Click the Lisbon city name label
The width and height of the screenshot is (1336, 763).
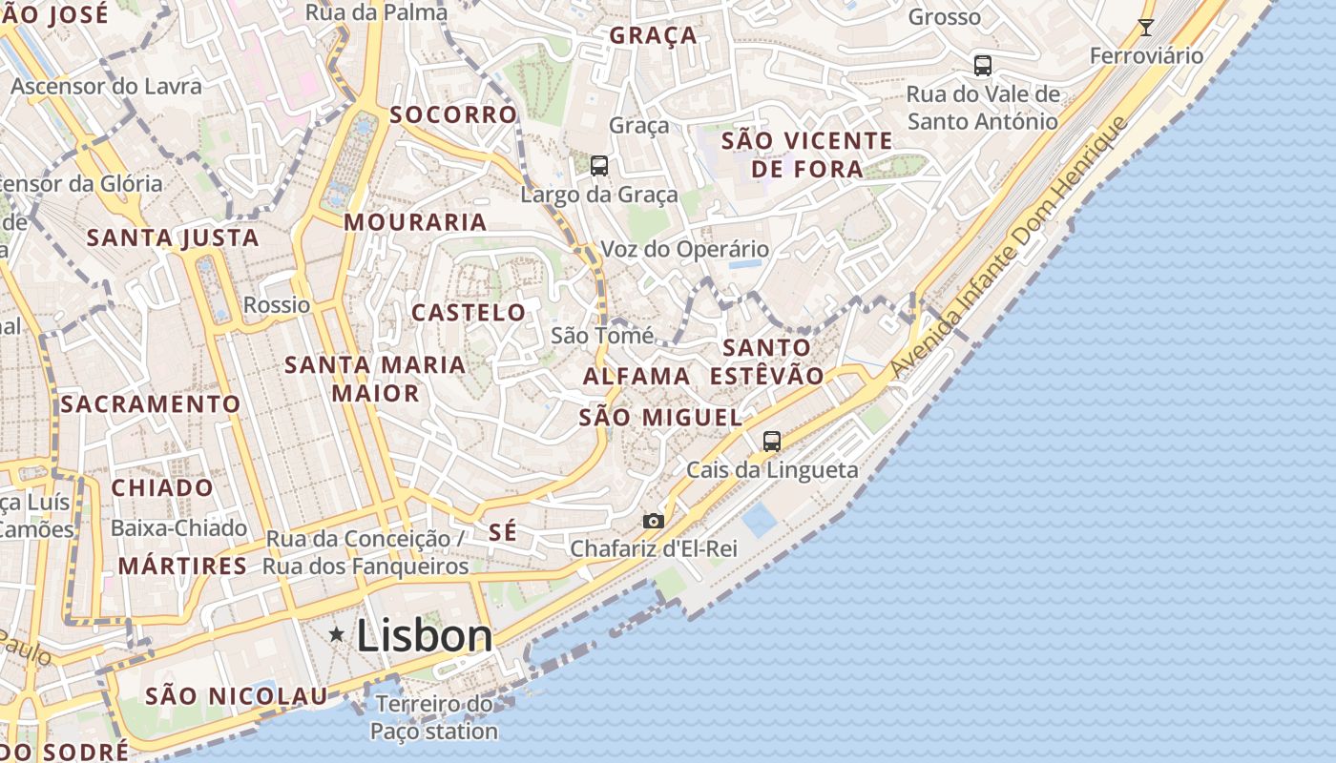point(425,636)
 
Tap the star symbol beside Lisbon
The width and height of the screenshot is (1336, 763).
point(336,634)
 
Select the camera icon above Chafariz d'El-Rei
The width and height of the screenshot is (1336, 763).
point(653,521)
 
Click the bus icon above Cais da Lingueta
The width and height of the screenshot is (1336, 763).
point(772,442)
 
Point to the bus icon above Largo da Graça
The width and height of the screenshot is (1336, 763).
point(599,166)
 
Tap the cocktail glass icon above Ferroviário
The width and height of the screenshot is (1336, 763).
point(1146,27)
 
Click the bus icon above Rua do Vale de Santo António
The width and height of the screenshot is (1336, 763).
point(983,66)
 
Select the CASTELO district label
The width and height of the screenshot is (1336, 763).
point(469,313)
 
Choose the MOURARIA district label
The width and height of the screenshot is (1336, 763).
point(415,222)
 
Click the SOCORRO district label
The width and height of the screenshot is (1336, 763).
point(453,114)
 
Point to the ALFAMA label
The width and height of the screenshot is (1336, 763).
point(637,376)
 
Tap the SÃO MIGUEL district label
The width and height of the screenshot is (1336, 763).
point(660,418)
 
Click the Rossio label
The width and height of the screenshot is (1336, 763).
point(277,305)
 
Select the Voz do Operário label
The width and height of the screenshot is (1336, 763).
point(684,250)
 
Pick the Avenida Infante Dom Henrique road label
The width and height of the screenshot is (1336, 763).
point(1010,248)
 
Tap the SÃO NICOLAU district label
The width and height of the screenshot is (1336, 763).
point(237,696)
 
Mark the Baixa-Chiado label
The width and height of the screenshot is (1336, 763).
point(179,528)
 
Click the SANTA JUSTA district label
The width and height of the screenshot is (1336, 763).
point(173,237)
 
